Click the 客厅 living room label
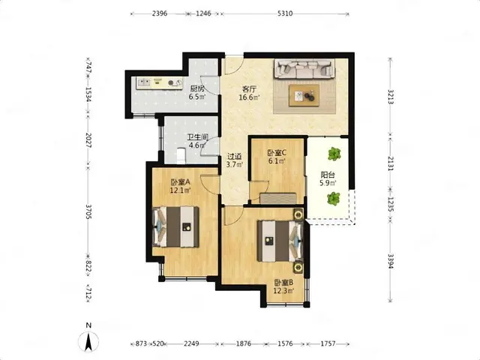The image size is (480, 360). [x=249, y=89]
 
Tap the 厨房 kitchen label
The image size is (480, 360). [x=197, y=89]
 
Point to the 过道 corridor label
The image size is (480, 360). [x=234, y=157]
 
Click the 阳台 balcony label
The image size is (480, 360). [x=328, y=175]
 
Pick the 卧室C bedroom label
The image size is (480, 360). [x=277, y=152]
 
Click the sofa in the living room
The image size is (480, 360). [x=304, y=68]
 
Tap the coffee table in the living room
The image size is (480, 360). [x=304, y=95]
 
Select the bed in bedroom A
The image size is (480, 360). [x=175, y=226]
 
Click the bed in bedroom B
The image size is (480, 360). [x=280, y=241]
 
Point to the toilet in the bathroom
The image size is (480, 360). [x=181, y=155]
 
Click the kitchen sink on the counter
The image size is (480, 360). [x=144, y=82]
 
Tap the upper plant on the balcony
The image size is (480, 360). [x=334, y=154]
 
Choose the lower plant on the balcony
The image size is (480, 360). [x=333, y=198]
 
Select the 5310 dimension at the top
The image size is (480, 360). [x=285, y=13]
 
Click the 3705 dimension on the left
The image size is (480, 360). [x=88, y=211]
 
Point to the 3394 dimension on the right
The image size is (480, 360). [x=391, y=262]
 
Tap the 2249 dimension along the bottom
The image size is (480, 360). [x=191, y=343]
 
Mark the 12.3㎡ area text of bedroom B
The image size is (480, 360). [x=283, y=290]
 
